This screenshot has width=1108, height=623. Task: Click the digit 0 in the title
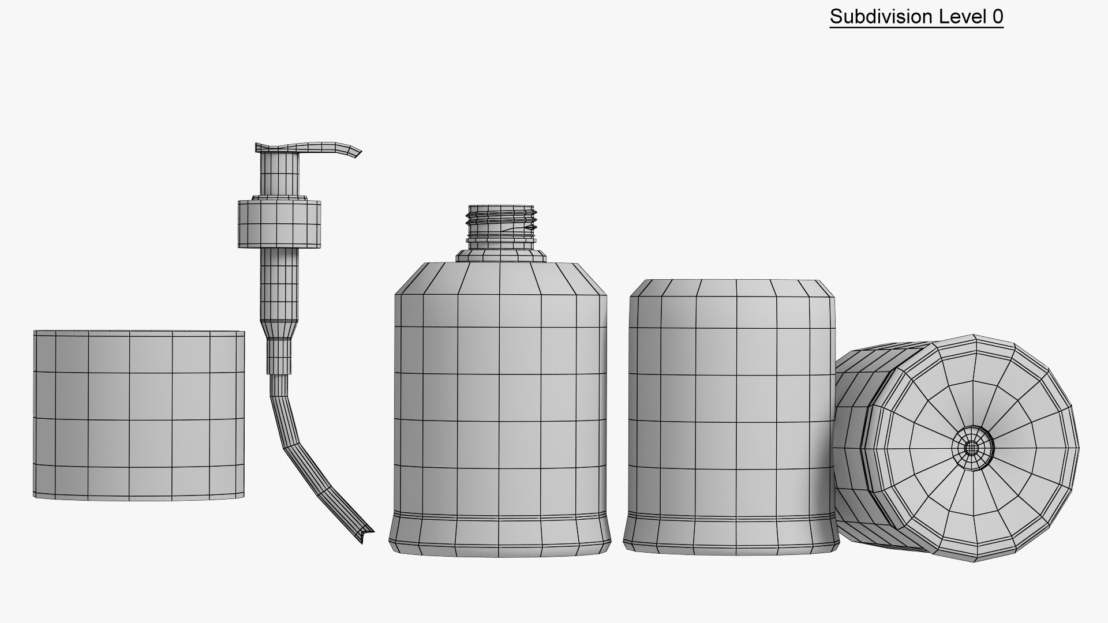(x=997, y=17)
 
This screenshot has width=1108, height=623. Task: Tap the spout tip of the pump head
(x=355, y=152)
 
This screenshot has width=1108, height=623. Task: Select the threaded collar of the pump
(x=279, y=224)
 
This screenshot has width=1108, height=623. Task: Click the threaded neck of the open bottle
(x=501, y=222)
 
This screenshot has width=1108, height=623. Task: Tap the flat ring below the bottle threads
(x=501, y=256)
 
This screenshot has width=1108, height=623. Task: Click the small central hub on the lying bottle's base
(x=973, y=448)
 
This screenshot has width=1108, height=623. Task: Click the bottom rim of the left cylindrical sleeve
(x=138, y=496)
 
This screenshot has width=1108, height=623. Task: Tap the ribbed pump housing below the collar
(x=280, y=283)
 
